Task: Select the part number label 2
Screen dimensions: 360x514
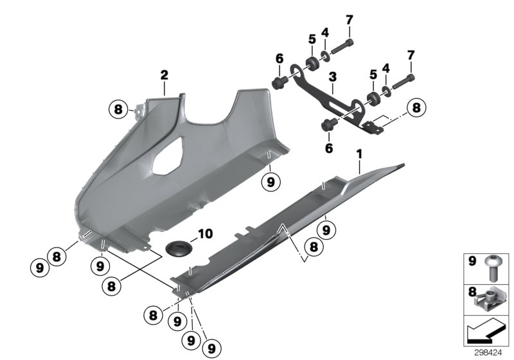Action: (x=164, y=76)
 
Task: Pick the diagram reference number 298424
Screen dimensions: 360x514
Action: (x=492, y=352)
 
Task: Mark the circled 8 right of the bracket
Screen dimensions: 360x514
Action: (x=416, y=108)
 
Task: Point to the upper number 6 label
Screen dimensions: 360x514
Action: (x=279, y=59)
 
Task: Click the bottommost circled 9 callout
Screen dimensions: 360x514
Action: (x=209, y=348)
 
